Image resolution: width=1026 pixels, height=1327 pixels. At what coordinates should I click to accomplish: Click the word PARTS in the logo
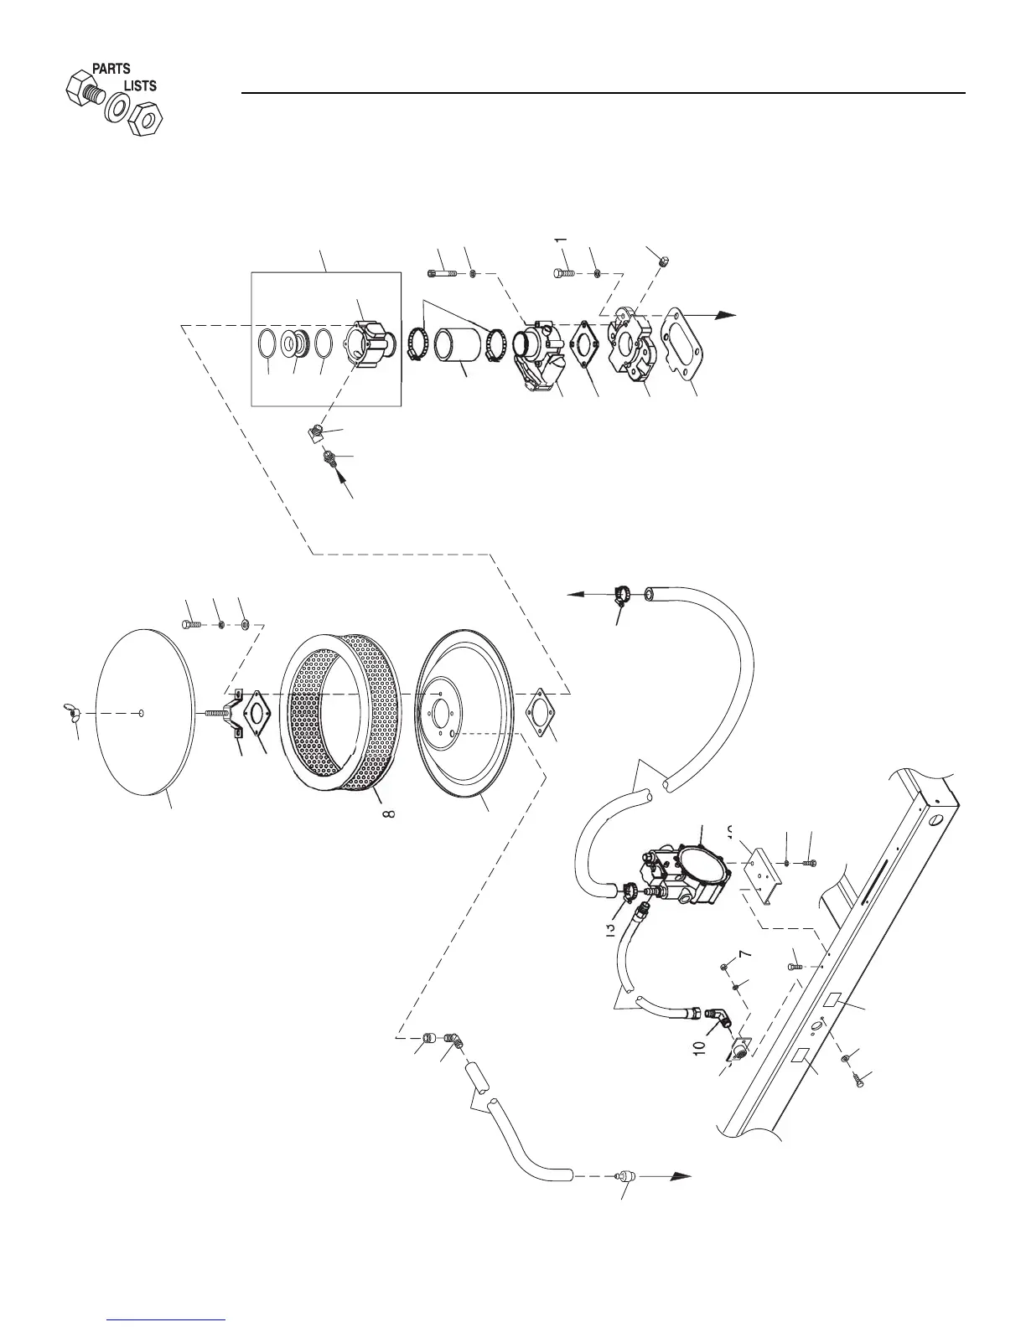[111, 69]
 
